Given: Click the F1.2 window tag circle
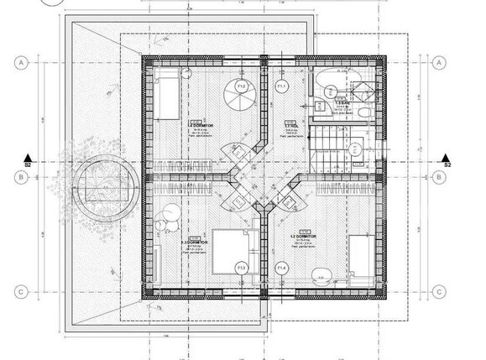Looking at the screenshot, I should click(241, 86).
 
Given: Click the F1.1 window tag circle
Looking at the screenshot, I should click(283, 86).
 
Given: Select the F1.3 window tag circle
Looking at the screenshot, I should click(241, 268).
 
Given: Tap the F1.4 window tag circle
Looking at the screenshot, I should click(283, 268).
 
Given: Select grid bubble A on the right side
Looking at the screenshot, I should click(439, 62).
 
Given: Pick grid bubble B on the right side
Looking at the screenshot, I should click(439, 176).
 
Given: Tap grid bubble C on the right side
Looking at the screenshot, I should click(439, 291).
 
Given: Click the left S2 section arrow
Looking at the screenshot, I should click(27, 159).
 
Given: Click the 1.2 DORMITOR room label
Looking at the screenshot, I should click(305, 237).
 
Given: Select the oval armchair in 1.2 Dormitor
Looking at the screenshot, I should click(320, 271).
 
